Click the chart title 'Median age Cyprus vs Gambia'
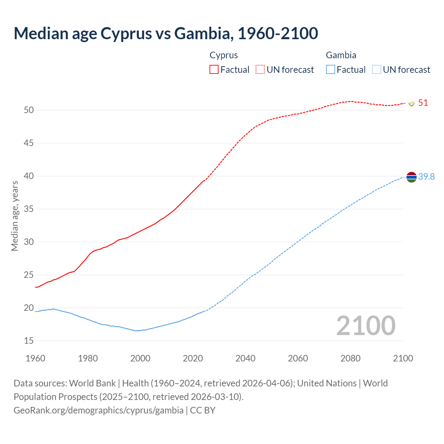[x=165, y=33]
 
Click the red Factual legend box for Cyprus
[x=214, y=70]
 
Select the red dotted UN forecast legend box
[x=260, y=70]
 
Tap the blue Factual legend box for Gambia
[x=331, y=70]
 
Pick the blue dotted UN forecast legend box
[x=376, y=70]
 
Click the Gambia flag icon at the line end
[x=411, y=177]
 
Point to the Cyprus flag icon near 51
[x=411, y=103]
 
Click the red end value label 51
[x=423, y=103]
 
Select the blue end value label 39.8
[x=426, y=177]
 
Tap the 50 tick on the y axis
[x=29, y=110]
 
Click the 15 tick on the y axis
[x=29, y=341]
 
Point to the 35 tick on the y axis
[x=29, y=209]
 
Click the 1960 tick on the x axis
[x=35, y=358]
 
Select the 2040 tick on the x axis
[x=245, y=358]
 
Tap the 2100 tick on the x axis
[x=403, y=358]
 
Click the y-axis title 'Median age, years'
[x=15, y=216]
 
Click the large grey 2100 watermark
[x=366, y=326]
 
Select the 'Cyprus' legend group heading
[x=224, y=55]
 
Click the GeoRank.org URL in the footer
[x=99, y=410]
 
